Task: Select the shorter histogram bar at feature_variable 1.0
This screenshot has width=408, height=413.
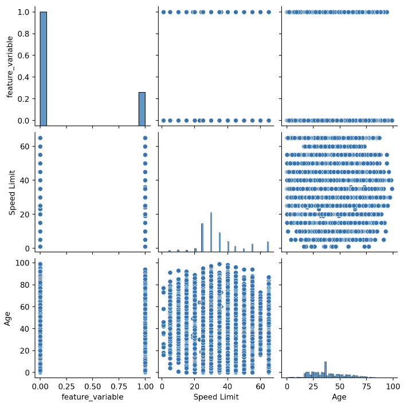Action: pos(142,109)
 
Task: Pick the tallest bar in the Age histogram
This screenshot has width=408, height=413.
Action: pos(325,370)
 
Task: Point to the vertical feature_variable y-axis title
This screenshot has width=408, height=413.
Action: pos(10,66)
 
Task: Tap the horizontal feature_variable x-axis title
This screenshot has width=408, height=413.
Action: pos(92,397)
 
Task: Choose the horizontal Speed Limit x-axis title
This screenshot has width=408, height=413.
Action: pos(215,397)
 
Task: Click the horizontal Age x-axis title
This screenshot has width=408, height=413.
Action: pos(339,397)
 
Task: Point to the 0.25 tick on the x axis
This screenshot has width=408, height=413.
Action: pos(66,386)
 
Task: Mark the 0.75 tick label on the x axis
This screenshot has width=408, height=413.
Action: pos(119,386)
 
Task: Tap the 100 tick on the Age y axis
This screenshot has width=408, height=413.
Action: pos(22,263)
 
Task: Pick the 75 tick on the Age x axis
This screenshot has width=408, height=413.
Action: pos(366,386)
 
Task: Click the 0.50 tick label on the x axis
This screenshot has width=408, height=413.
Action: pos(92,386)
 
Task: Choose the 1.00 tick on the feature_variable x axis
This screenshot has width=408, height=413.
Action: pos(145,386)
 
